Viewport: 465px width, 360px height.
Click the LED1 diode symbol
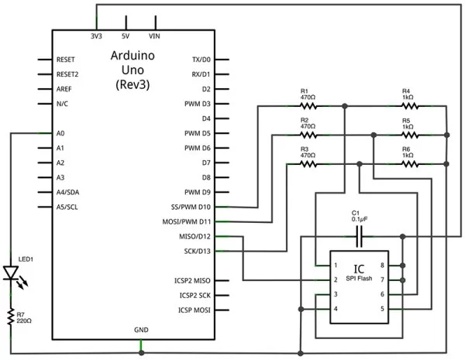click(x=11, y=273)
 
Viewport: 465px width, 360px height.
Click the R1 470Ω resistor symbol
click(x=308, y=105)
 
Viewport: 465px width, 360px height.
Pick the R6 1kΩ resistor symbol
click(x=410, y=163)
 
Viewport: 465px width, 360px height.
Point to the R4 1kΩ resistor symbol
click(x=410, y=105)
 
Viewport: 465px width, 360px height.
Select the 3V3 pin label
click(x=97, y=36)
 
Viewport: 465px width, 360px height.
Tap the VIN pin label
click(x=156, y=36)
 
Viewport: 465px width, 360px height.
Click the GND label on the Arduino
click(x=141, y=330)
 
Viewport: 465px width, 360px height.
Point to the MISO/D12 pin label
click(x=194, y=236)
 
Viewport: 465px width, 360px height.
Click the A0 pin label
click(x=60, y=133)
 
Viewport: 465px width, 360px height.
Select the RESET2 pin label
click(x=67, y=74)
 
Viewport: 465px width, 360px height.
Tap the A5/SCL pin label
click(x=67, y=207)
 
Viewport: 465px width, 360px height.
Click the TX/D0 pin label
click(x=201, y=60)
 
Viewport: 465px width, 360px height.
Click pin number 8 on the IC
click(x=393, y=266)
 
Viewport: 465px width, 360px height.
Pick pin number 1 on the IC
click(x=335, y=266)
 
